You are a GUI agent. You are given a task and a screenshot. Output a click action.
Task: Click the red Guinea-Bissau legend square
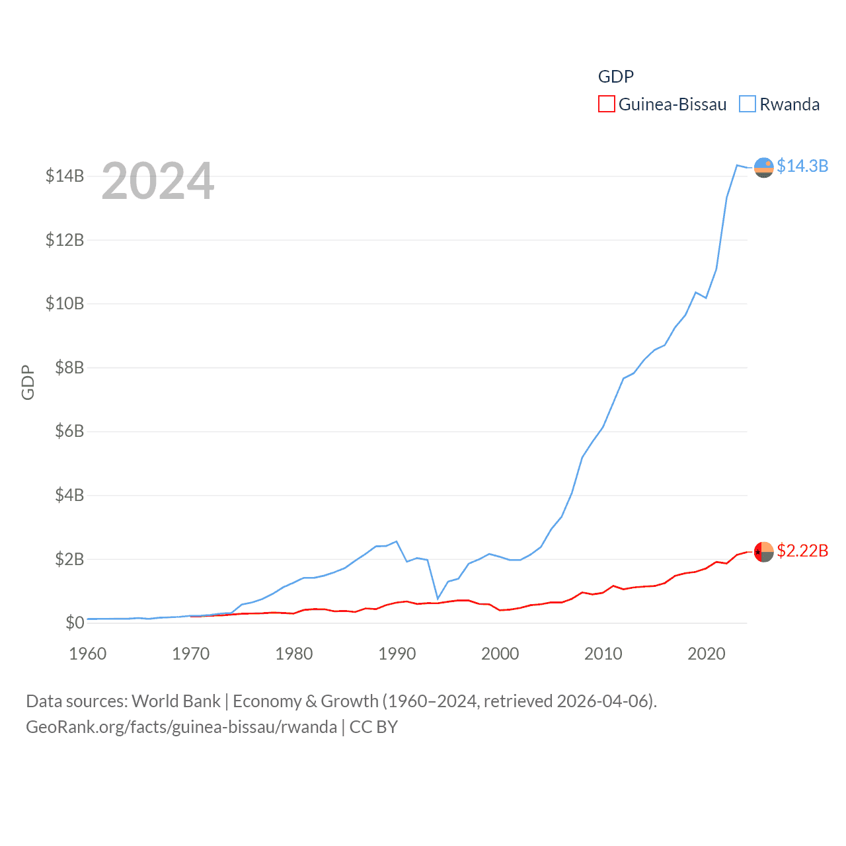coord(606,104)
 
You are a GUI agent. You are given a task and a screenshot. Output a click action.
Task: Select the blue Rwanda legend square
coord(747,104)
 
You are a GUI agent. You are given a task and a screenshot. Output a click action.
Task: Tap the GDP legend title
coord(615,77)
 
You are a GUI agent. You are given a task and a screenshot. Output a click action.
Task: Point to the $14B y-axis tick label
coord(65,176)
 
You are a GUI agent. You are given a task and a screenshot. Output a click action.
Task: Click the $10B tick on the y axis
coord(65,303)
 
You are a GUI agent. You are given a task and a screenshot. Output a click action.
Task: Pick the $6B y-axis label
coord(69,431)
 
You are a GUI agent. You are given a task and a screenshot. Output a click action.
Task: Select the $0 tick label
coord(75,623)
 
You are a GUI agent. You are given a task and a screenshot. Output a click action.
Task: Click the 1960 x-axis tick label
coord(88,654)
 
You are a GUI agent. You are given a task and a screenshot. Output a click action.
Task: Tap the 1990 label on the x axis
coord(397,654)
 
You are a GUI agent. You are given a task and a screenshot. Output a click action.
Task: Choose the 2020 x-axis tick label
coord(707,654)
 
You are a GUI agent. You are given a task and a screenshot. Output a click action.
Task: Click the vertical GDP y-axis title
coord(28,382)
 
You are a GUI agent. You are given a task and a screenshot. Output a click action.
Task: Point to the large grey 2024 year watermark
coord(158,180)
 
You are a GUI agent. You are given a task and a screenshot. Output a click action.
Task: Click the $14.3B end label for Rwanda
coord(802,166)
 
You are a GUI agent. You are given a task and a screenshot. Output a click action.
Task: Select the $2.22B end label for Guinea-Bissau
coord(802,551)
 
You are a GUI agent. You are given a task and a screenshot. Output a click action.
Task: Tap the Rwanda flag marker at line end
coord(763,168)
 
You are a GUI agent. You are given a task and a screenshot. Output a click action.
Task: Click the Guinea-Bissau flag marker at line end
coord(763,552)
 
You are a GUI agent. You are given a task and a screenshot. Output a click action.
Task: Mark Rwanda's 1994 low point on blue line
coord(438,599)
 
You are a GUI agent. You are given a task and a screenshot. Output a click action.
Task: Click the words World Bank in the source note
coord(176,701)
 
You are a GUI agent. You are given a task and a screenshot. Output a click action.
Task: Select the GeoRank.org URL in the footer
coord(181,727)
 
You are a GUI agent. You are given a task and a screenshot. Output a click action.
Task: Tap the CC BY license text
coord(373,727)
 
